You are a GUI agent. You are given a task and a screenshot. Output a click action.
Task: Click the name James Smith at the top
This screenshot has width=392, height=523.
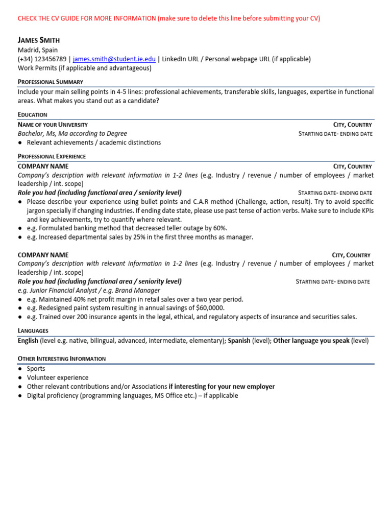point(38,40)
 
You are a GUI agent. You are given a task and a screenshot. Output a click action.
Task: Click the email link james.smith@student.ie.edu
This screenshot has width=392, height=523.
point(114,59)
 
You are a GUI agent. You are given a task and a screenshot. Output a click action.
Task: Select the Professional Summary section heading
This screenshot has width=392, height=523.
point(51,82)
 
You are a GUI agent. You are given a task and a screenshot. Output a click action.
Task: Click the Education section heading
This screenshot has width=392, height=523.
point(33,115)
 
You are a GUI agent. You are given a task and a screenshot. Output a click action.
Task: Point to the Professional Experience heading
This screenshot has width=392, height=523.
point(52,156)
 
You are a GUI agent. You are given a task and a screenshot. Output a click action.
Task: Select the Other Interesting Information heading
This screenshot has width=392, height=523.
point(62,359)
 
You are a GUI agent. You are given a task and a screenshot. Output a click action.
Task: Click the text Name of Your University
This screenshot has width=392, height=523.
point(53,125)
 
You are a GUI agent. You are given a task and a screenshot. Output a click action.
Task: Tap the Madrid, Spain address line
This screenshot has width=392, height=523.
point(38,50)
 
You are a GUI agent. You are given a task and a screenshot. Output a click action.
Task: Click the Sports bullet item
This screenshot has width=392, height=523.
point(36,368)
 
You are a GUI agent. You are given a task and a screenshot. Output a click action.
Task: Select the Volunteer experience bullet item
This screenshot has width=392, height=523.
point(58,377)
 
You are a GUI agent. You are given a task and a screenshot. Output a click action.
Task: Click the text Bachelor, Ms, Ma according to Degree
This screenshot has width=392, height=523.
point(72,134)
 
